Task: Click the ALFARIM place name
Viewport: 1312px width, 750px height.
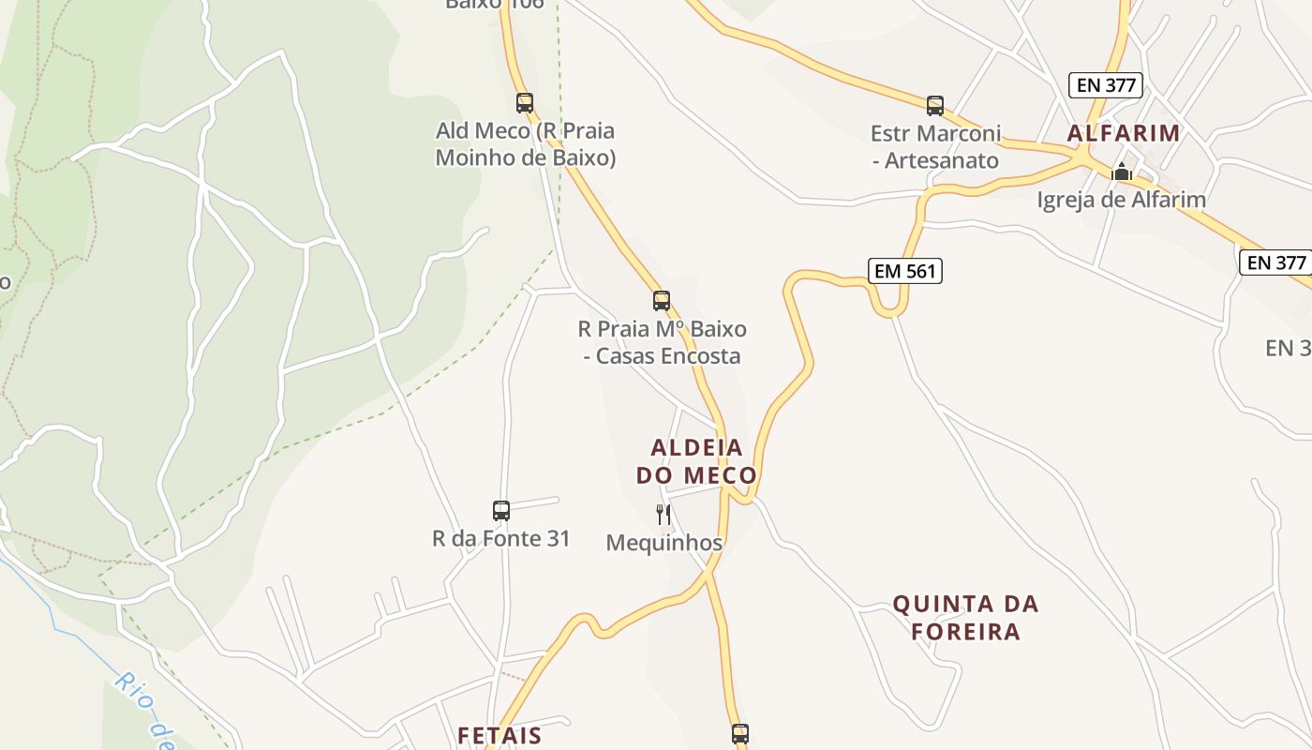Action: (1124, 133)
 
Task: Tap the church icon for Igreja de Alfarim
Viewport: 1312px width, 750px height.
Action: (1122, 172)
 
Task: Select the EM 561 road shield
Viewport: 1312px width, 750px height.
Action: (904, 271)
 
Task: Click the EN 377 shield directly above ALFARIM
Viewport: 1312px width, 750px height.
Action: (1107, 85)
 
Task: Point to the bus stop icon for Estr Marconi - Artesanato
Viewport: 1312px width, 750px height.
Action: (934, 105)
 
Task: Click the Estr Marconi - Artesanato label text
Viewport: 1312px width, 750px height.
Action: (935, 147)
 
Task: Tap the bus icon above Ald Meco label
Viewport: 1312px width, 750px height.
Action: (525, 103)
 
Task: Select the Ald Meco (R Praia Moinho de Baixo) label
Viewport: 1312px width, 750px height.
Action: (525, 143)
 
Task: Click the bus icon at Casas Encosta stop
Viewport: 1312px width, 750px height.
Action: (662, 301)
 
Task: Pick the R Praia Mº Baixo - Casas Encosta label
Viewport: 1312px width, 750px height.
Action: (662, 342)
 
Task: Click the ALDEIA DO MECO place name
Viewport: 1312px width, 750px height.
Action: (696, 461)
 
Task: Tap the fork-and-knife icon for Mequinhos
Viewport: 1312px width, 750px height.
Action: (663, 514)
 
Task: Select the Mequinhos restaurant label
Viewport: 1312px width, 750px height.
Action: (664, 543)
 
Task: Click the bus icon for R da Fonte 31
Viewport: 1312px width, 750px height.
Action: (501, 511)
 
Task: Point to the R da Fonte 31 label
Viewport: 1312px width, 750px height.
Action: (500, 539)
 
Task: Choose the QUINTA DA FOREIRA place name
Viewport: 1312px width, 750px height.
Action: (966, 617)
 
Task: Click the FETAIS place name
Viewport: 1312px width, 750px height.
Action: (499, 735)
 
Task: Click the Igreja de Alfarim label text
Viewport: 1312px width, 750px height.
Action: (1121, 200)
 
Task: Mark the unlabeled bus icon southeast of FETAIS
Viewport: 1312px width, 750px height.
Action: (740, 733)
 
